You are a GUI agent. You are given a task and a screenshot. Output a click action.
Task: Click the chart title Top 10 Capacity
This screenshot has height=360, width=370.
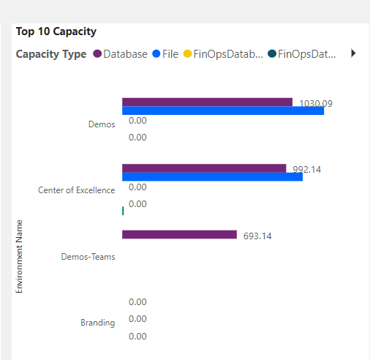click(56, 31)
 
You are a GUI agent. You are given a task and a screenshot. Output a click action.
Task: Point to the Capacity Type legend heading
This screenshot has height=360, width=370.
click(50, 54)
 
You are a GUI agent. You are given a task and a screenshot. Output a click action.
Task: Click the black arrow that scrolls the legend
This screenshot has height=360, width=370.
click(354, 53)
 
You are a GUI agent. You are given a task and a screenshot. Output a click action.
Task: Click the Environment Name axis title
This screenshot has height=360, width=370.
click(20, 255)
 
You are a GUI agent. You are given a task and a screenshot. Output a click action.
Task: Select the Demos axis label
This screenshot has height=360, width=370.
click(102, 124)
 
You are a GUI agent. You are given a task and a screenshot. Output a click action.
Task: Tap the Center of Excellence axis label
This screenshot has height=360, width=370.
click(76, 190)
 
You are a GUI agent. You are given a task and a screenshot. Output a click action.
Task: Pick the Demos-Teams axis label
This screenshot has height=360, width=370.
click(88, 257)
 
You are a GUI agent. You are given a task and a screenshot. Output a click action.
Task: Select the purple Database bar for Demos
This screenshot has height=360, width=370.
click(207, 102)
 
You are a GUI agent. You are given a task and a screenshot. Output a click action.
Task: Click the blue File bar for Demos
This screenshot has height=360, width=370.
click(223, 110)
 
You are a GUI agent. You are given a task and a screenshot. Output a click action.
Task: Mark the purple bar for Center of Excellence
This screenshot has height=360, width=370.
click(204, 168)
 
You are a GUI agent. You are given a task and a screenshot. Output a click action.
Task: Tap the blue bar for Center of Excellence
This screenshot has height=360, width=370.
click(212, 176)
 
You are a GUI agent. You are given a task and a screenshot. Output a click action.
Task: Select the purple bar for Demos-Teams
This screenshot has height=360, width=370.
click(179, 235)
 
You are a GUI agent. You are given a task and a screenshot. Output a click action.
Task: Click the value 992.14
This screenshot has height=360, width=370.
click(306, 170)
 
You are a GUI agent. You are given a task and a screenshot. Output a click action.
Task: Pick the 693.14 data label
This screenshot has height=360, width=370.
click(257, 236)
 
